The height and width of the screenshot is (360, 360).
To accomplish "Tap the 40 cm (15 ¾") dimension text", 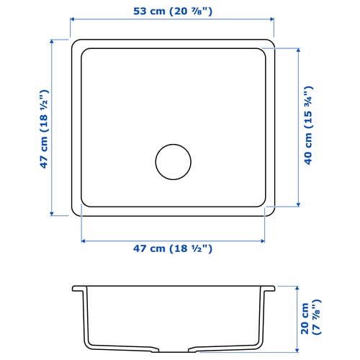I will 308,125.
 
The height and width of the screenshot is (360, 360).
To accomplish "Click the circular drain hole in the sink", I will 173,161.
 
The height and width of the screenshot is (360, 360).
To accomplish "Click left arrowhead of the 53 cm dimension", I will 72,22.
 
